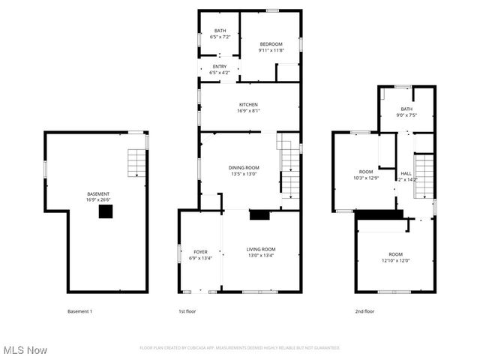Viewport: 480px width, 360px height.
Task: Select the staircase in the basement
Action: pos(135,163)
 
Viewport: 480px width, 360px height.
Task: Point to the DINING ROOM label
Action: pos(244,170)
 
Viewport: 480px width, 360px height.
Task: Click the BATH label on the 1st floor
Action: pos(218,33)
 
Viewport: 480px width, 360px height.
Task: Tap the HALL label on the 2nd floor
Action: pos(406,176)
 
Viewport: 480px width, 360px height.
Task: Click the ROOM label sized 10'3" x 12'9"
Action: pos(366,175)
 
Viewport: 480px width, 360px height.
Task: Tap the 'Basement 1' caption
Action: pos(79,311)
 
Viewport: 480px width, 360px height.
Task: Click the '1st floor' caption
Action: pos(186,311)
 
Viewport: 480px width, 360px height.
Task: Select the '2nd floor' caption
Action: pos(364,311)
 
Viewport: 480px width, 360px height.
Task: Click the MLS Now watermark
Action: pos(25,350)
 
